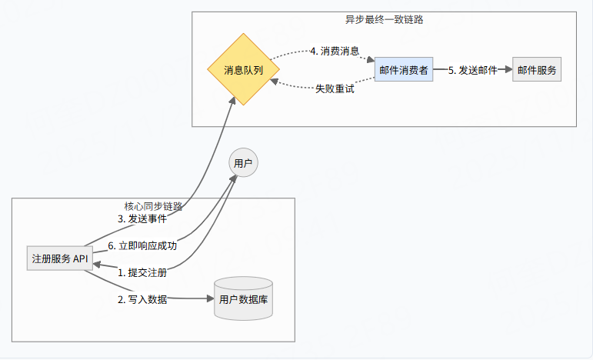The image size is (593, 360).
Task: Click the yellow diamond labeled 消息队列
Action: [x=243, y=70]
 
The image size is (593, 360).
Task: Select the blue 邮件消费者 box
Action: [x=403, y=70]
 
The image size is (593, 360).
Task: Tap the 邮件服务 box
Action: [x=537, y=70]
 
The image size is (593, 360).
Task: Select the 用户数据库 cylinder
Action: [x=244, y=299]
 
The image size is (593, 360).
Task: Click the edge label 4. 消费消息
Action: [x=334, y=51]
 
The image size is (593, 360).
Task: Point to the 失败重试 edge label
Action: [x=335, y=88]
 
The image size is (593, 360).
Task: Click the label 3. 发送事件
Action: [x=142, y=218]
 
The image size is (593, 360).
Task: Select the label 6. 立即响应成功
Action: [x=142, y=246]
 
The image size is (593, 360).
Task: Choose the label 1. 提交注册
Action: [x=142, y=272]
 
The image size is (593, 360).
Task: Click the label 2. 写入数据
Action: [x=142, y=299]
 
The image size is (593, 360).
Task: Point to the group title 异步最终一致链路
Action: [x=384, y=20]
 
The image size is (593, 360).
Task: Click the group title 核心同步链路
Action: [x=153, y=206]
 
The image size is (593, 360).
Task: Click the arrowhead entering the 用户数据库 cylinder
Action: [x=209, y=299]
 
